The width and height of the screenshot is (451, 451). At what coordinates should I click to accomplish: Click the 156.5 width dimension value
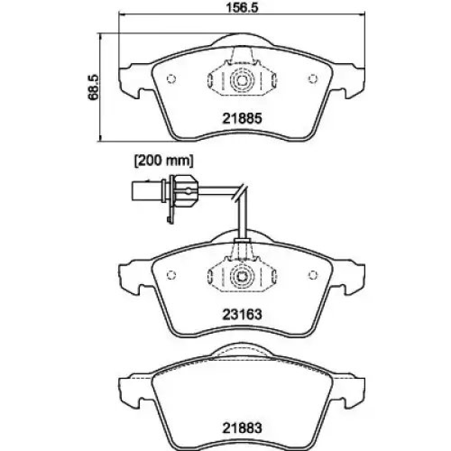coord(242,8)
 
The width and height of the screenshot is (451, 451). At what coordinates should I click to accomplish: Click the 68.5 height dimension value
coord(93,87)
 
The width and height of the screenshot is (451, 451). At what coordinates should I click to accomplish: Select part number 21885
coord(242,118)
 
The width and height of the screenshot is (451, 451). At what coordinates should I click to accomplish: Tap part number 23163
coord(242,314)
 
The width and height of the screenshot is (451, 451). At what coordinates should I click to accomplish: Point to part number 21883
coord(242,428)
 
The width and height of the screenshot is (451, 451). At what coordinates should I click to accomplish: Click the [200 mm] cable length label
coord(164,161)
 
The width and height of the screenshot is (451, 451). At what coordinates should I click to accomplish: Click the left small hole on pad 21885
coord(171,78)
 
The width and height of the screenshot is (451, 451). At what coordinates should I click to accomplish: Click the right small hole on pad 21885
coord(313,78)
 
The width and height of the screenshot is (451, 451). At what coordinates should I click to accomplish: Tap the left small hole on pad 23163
coord(171,275)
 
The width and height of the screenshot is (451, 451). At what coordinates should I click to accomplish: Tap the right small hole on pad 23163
coord(313,275)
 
